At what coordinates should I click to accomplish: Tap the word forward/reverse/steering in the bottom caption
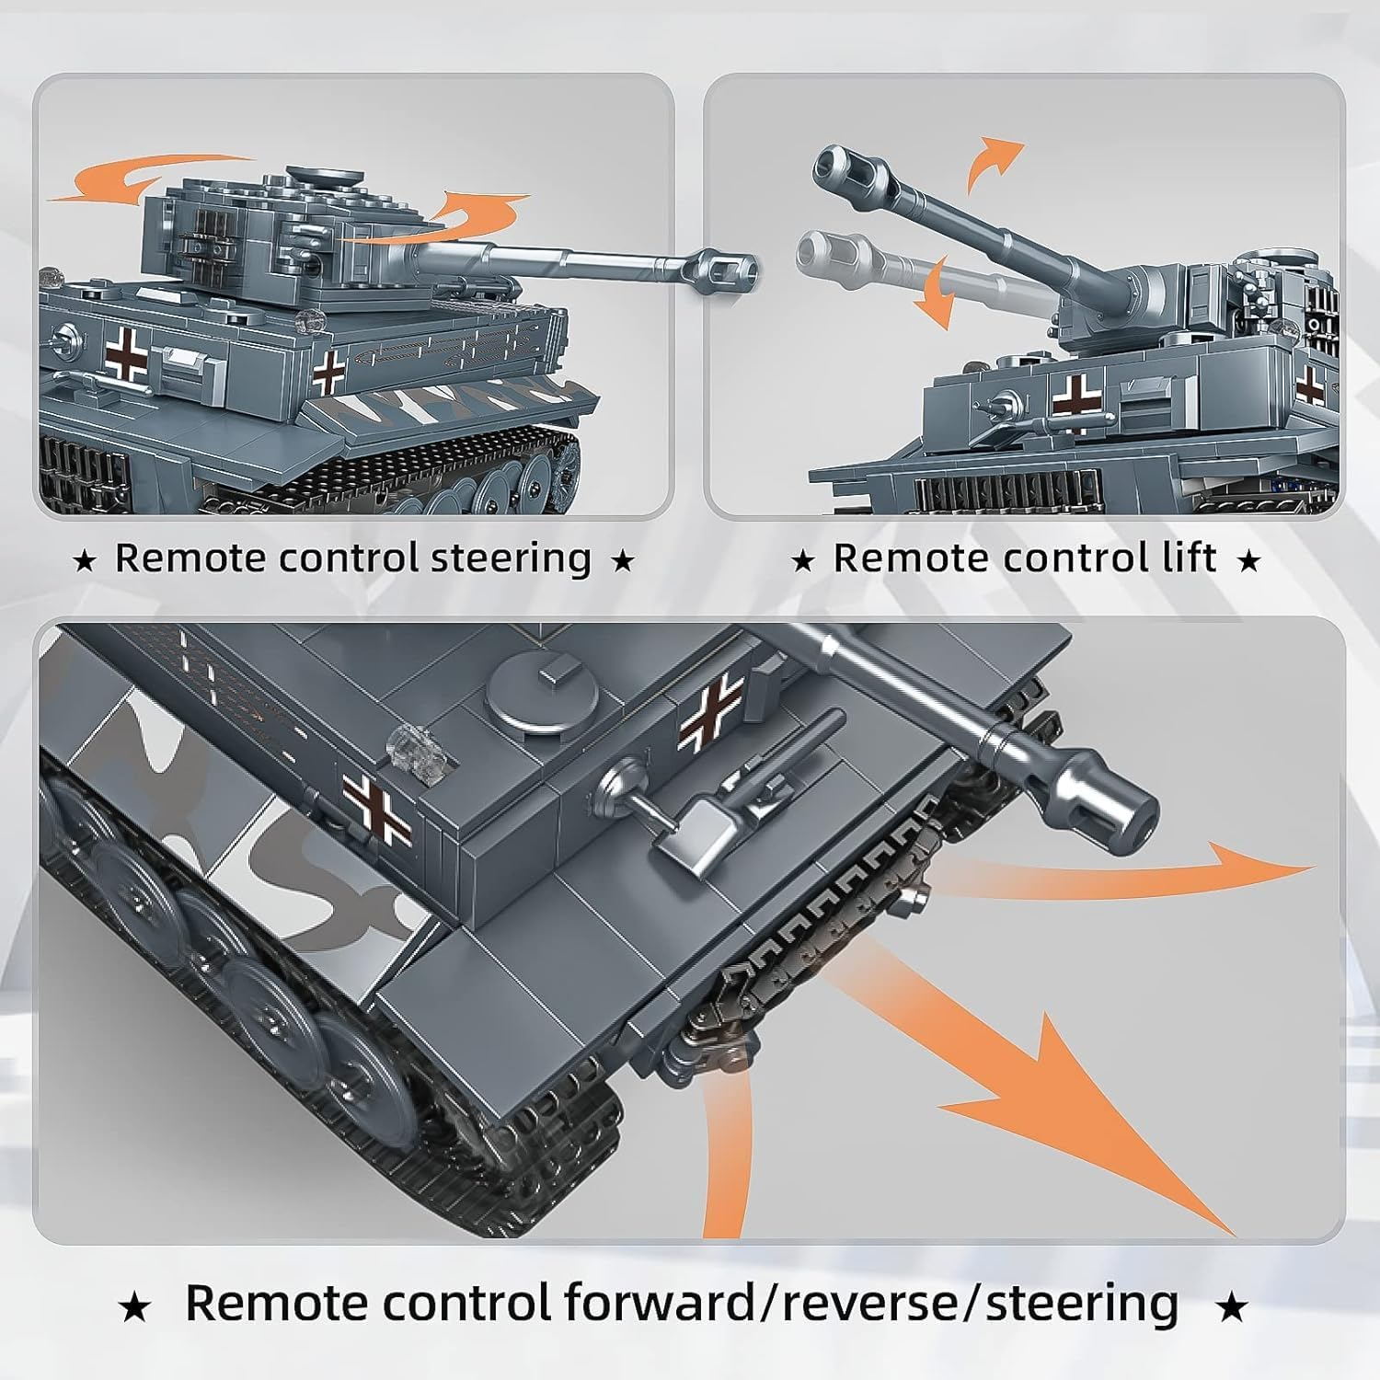tap(870, 1303)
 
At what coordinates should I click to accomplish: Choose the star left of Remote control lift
tap(802, 559)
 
